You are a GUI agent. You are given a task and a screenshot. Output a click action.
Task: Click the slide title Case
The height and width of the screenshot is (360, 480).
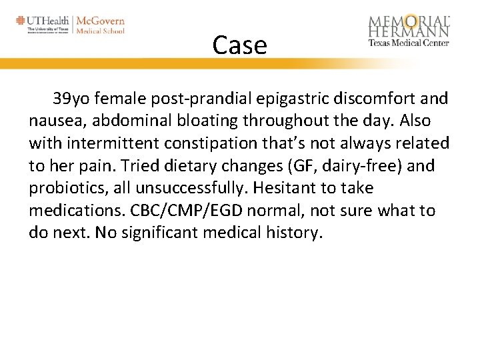pyautogui.click(x=239, y=45)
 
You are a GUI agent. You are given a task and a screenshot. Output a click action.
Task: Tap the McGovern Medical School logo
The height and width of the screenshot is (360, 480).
pyautogui.click(x=101, y=24)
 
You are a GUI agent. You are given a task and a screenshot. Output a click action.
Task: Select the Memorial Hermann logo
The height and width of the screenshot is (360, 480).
pyautogui.click(x=409, y=31)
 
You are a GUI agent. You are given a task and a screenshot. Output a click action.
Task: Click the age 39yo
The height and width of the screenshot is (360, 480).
pyautogui.click(x=70, y=100)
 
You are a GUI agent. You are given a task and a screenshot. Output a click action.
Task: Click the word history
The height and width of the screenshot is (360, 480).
pyautogui.click(x=291, y=233)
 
